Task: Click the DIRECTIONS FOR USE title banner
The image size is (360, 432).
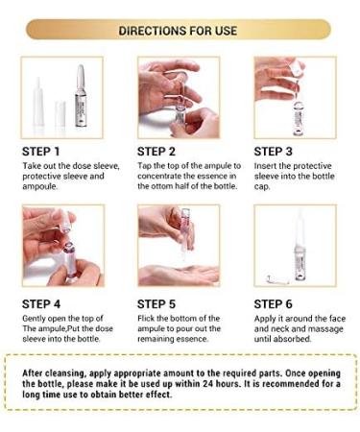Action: [x=180, y=30]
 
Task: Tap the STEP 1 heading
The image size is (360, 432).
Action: [x=44, y=151]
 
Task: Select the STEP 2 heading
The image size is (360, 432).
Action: [x=160, y=151]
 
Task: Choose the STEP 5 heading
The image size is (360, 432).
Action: [x=160, y=304]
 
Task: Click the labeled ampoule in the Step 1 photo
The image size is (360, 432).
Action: [x=80, y=96]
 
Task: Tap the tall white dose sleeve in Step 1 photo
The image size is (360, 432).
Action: [x=39, y=101]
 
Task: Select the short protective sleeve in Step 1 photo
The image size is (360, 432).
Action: [x=60, y=111]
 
